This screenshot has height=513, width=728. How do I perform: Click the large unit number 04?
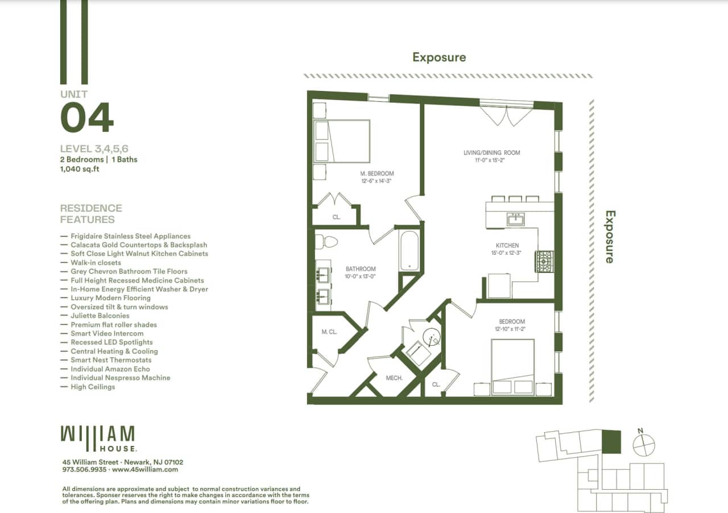(87, 118)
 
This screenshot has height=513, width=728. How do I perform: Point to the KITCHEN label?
(507, 246)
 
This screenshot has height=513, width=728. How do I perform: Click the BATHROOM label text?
(361, 269)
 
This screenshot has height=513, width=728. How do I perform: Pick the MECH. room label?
(394, 378)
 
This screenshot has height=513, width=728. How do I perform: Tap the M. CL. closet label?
(329, 332)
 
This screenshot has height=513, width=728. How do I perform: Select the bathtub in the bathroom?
(408, 251)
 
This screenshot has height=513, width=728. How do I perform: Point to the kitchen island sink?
(516, 219)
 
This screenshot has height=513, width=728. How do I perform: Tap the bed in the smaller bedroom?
(512, 365)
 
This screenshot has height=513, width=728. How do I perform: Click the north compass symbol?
(644, 443)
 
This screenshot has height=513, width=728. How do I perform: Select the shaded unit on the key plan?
(611, 441)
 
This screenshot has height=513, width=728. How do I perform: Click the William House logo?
(98, 438)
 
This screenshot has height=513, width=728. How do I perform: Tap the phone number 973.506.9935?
(84, 470)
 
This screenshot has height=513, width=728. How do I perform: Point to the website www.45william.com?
(145, 470)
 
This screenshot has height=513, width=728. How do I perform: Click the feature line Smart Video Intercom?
(107, 333)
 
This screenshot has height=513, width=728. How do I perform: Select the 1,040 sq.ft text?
(80, 169)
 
